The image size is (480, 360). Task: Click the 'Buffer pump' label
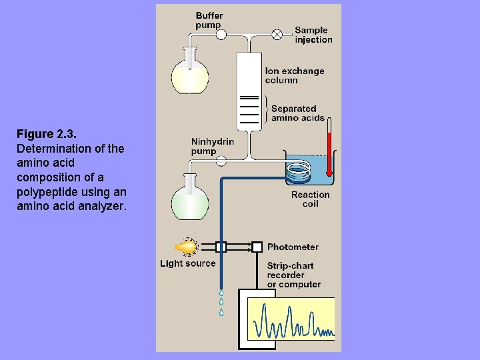209,20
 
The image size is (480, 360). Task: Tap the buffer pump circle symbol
221,35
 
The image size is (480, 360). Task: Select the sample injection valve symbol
277,35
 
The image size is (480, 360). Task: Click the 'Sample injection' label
313,35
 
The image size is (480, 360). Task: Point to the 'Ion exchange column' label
295,75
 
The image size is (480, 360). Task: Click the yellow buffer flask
191,75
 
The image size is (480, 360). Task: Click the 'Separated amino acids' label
297,113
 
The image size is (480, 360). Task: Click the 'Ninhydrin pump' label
213,146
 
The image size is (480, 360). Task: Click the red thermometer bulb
329,173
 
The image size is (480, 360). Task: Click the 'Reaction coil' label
310,200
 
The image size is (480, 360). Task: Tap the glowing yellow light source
189,247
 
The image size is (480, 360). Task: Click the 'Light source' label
188,263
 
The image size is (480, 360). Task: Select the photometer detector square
257,247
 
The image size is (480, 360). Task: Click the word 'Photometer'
293,247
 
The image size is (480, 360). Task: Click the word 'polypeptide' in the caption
44,192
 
